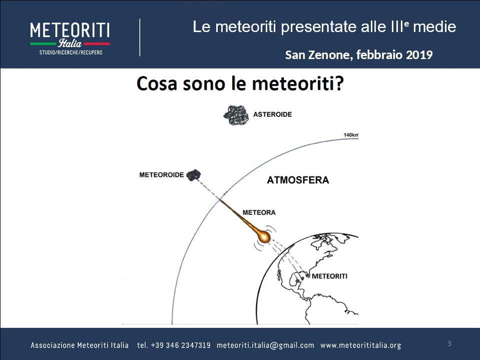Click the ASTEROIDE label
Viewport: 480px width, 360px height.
(272, 115)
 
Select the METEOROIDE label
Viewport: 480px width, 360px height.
(162, 175)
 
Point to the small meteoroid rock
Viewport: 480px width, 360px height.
(194, 175)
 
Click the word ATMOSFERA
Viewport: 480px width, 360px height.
(298, 180)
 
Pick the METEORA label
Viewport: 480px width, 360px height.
(259, 212)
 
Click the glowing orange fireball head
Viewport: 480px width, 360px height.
(264, 236)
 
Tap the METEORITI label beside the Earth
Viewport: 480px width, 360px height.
(329, 276)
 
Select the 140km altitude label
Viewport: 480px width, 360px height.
(351, 135)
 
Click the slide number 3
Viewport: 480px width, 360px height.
(449, 343)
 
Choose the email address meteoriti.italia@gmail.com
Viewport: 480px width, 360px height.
(265, 345)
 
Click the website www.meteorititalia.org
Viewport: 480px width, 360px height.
(360, 345)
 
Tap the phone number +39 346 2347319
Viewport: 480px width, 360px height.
(181, 345)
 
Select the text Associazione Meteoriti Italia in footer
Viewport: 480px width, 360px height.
(80, 345)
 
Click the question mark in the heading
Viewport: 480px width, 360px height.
(339, 83)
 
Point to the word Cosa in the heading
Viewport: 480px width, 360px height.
(157, 83)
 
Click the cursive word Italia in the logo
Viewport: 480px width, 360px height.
(70, 43)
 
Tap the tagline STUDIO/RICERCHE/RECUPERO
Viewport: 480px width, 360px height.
(71, 53)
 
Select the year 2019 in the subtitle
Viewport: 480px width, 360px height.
(419, 55)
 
